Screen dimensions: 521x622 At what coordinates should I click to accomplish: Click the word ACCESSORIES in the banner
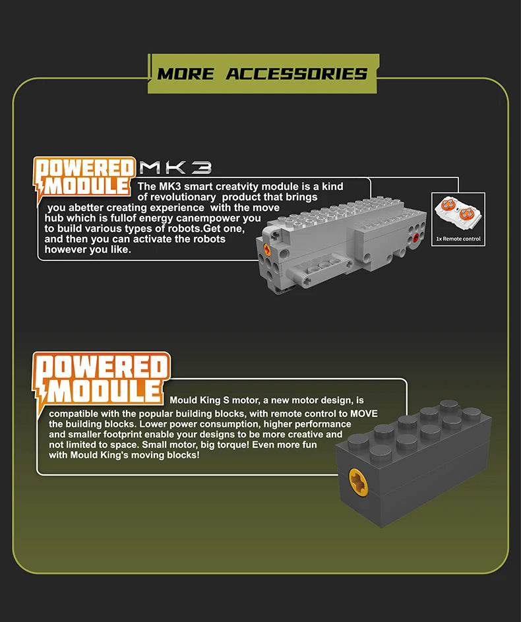pyautogui.click(x=297, y=74)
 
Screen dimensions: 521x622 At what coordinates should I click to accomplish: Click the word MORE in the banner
pyautogui.click(x=185, y=74)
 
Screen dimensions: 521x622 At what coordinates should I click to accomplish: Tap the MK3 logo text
pyautogui.click(x=175, y=168)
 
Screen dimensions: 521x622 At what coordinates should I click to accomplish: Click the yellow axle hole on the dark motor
pyautogui.click(x=358, y=482)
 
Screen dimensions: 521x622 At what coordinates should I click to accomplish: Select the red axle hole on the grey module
pyautogui.click(x=415, y=237)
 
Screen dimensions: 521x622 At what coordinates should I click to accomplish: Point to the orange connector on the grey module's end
pyautogui.click(x=267, y=249)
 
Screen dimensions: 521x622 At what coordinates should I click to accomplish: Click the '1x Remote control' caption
pyautogui.click(x=458, y=239)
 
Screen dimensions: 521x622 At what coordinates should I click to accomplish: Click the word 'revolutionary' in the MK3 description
pyautogui.click(x=183, y=197)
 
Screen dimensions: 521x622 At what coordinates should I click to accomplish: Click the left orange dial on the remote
pyautogui.click(x=448, y=204)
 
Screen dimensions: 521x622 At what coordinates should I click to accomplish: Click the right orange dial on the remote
pyautogui.click(x=467, y=214)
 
